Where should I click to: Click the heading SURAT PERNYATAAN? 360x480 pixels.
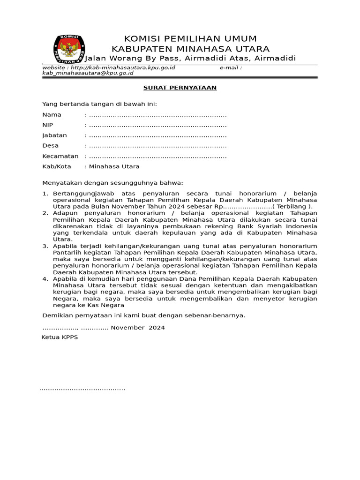pos(180,88)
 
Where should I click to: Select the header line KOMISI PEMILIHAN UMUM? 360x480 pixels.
pos(190,38)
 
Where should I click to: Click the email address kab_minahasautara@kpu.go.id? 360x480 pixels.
pos(88,73)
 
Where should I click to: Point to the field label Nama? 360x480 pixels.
pos(52,115)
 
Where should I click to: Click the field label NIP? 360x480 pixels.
pos(48,125)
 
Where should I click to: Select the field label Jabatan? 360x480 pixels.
pos(54,135)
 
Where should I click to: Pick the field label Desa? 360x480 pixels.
pos(50,146)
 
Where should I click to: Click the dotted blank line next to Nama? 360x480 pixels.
pos(157,115)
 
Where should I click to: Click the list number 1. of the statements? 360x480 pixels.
pos(45,193)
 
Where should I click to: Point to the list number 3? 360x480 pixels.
pos(45,246)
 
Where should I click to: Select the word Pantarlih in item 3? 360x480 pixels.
pos(67,252)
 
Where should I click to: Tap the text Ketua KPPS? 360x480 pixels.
pos(60,337)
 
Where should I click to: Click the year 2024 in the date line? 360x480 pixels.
pos(157,328)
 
